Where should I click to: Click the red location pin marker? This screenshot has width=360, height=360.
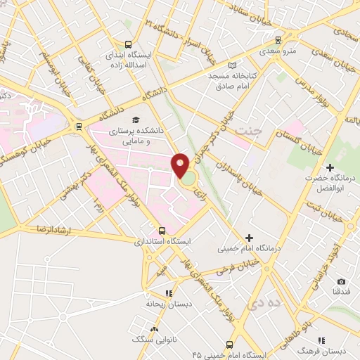coord(181,166)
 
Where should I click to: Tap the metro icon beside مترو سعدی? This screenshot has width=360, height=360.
coord(278,40)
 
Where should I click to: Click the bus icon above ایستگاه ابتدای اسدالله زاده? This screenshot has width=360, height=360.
coord(127,43)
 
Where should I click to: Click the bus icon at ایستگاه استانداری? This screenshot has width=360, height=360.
coord(162,230)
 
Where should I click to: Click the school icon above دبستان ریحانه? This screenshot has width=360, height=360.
coord(168,294)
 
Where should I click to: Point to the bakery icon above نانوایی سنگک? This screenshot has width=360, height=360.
coord(154,328)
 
